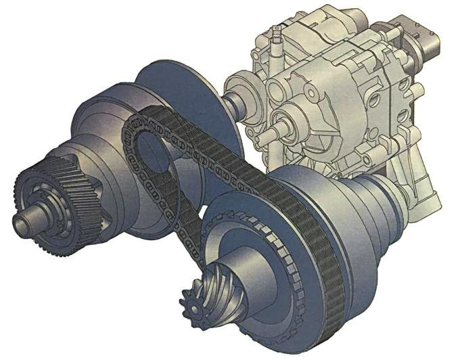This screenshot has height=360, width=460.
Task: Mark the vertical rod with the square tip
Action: click(277, 41)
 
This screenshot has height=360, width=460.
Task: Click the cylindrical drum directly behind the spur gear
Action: click(101, 156)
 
